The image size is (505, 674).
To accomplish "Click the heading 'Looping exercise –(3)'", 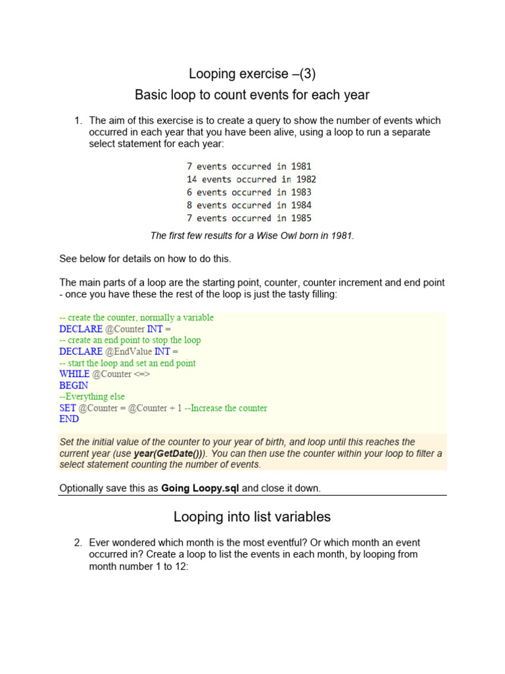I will [x=252, y=74].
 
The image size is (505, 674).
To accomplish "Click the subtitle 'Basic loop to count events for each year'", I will [x=252, y=95].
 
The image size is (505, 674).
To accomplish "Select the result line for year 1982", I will [x=251, y=179].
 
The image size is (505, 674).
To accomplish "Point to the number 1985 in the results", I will [x=301, y=218].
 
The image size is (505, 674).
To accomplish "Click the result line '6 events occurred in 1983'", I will [x=249, y=192].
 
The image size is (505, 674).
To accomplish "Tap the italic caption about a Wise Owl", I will [x=252, y=236].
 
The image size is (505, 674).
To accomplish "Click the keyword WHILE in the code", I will [x=74, y=374].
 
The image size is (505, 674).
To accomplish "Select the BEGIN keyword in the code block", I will [x=73, y=385].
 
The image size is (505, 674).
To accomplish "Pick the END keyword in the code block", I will [x=69, y=419].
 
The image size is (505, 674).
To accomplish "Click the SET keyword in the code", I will [x=68, y=408].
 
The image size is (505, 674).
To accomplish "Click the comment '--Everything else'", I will [x=92, y=396].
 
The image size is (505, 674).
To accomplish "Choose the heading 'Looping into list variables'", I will [x=252, y=517].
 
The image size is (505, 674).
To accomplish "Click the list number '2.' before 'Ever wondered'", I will [x=78, y=543].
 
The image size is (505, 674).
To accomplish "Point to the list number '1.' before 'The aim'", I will [x=78, y=120].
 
